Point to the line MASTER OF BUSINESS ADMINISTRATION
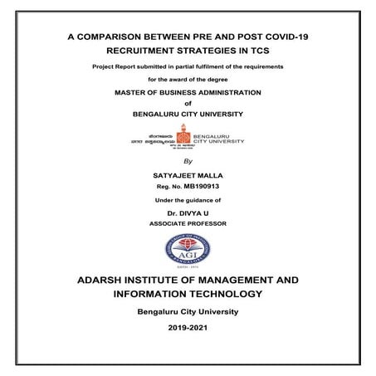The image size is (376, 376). (x=187, y=92)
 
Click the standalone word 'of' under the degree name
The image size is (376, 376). (x=187, y=103)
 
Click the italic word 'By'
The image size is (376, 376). (x=187, y=161)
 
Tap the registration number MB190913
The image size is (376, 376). (x=203, y=188)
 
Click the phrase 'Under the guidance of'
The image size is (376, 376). (x=187, y=201)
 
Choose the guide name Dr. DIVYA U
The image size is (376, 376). (x=187, y=214)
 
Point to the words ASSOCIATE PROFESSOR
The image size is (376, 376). (x=187, y=224)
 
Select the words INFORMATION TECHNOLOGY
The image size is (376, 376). (x=187, y=295)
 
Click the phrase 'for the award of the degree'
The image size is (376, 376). (x=187, y=79)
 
